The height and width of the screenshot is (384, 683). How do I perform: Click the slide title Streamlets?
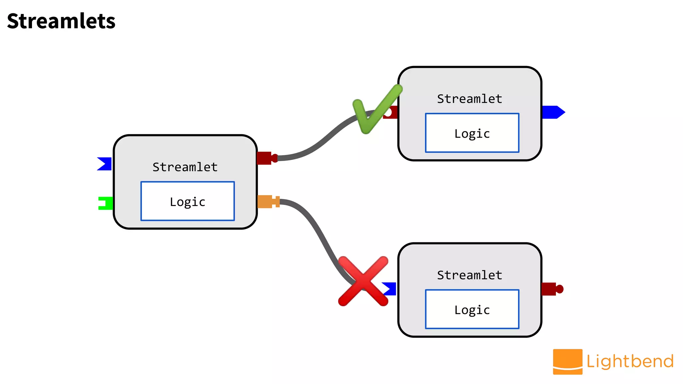61,21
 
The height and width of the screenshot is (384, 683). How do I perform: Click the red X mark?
363,281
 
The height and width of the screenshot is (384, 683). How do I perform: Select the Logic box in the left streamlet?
187,201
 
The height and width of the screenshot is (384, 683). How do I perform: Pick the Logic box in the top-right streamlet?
472,133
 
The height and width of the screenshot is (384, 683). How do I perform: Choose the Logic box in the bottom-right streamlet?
472,309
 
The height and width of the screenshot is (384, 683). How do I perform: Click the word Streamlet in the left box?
185,167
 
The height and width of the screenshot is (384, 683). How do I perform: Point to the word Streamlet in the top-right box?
469,99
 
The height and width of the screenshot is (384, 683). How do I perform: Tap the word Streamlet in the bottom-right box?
469,275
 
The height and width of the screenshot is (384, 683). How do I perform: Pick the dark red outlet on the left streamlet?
265,158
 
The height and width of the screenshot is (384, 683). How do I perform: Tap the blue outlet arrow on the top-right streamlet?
552,112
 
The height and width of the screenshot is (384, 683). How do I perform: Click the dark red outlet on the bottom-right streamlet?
551,289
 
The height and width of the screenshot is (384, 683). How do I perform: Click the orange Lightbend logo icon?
567,362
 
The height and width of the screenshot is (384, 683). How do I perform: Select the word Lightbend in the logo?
630,362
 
